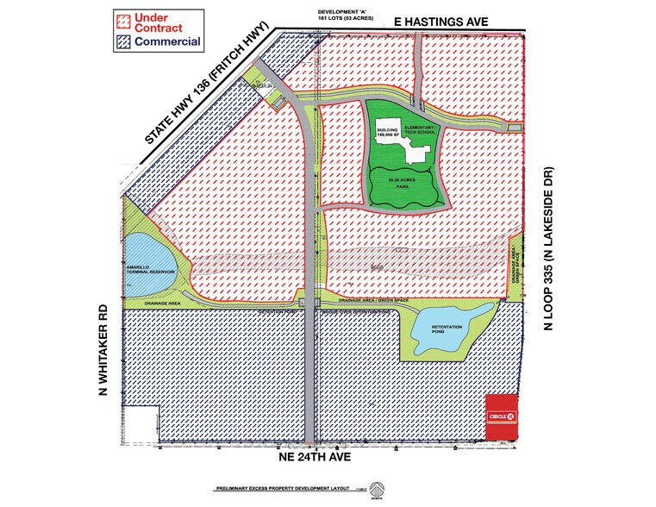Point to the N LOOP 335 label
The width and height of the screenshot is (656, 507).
(546, 250)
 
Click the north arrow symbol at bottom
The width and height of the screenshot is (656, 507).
(376, 490)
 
